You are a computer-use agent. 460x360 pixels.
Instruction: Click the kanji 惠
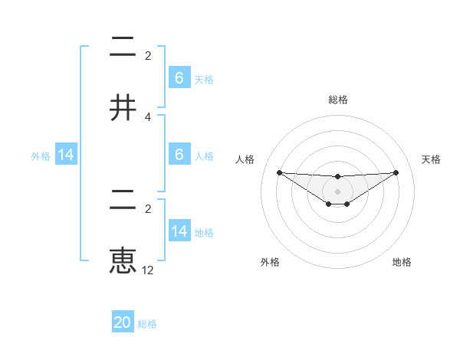point(124,260)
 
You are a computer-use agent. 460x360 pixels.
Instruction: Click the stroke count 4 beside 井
point(148,117)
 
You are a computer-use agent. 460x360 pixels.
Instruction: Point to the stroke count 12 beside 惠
point(148,270)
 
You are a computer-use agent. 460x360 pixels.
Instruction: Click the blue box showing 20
point(123,322)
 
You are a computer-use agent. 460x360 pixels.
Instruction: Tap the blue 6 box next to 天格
point(179,78)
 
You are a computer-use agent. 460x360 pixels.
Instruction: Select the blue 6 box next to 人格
point(179,155)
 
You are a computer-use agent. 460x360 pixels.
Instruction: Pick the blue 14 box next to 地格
point(179,231)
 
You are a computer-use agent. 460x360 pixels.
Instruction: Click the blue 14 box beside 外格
point(66,155)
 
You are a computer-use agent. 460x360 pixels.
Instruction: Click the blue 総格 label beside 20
point(147,324)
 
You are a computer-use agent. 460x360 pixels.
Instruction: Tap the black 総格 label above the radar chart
point(338,100)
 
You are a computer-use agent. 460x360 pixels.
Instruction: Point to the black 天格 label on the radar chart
point(431,159)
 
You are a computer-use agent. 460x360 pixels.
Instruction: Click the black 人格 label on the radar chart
point(245,159)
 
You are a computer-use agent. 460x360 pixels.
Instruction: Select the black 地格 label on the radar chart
point(402,262)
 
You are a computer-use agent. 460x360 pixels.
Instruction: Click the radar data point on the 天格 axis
point(396,172)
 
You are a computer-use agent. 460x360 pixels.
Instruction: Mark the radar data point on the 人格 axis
point(279,172)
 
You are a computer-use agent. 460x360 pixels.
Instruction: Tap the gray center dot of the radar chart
point(337,191)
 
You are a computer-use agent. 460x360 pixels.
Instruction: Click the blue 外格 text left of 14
point(41,156)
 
